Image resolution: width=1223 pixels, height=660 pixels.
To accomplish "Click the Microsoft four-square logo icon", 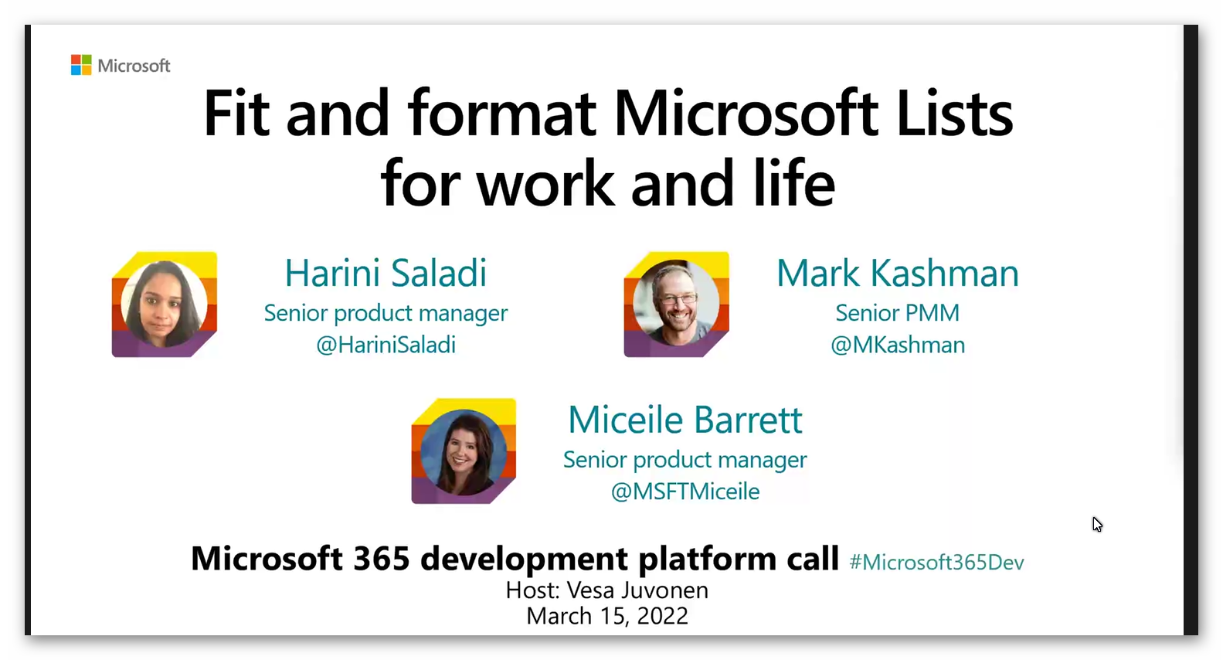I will point(81,65).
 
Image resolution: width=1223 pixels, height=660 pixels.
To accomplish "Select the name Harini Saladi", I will point(386,273).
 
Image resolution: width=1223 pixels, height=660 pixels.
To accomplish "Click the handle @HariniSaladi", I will point(386,345).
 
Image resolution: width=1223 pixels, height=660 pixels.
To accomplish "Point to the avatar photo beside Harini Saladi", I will point(164,304).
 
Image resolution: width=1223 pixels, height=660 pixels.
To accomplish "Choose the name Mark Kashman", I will point(897,273).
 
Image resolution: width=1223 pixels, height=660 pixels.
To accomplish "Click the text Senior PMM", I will point(897,313).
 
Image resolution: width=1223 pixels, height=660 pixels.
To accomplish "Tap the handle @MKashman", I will point(897,345).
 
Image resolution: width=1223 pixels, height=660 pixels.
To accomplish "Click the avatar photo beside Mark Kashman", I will point(676,304).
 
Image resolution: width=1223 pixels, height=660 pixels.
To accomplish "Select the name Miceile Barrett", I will point(685,420).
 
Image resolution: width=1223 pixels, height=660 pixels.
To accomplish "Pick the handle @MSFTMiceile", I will point(685,492).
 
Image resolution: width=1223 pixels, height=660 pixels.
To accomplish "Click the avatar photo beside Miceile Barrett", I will point(464,451).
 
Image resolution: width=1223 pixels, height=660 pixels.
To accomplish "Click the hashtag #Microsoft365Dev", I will point(936,562).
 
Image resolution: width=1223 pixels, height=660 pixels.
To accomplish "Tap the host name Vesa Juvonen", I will point(637,590).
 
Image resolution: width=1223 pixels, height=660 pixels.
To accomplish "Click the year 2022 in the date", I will point(662,616).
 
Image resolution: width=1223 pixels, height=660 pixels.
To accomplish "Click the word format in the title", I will point(501,114).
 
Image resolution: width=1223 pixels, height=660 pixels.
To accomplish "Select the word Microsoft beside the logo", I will point(134,66).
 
